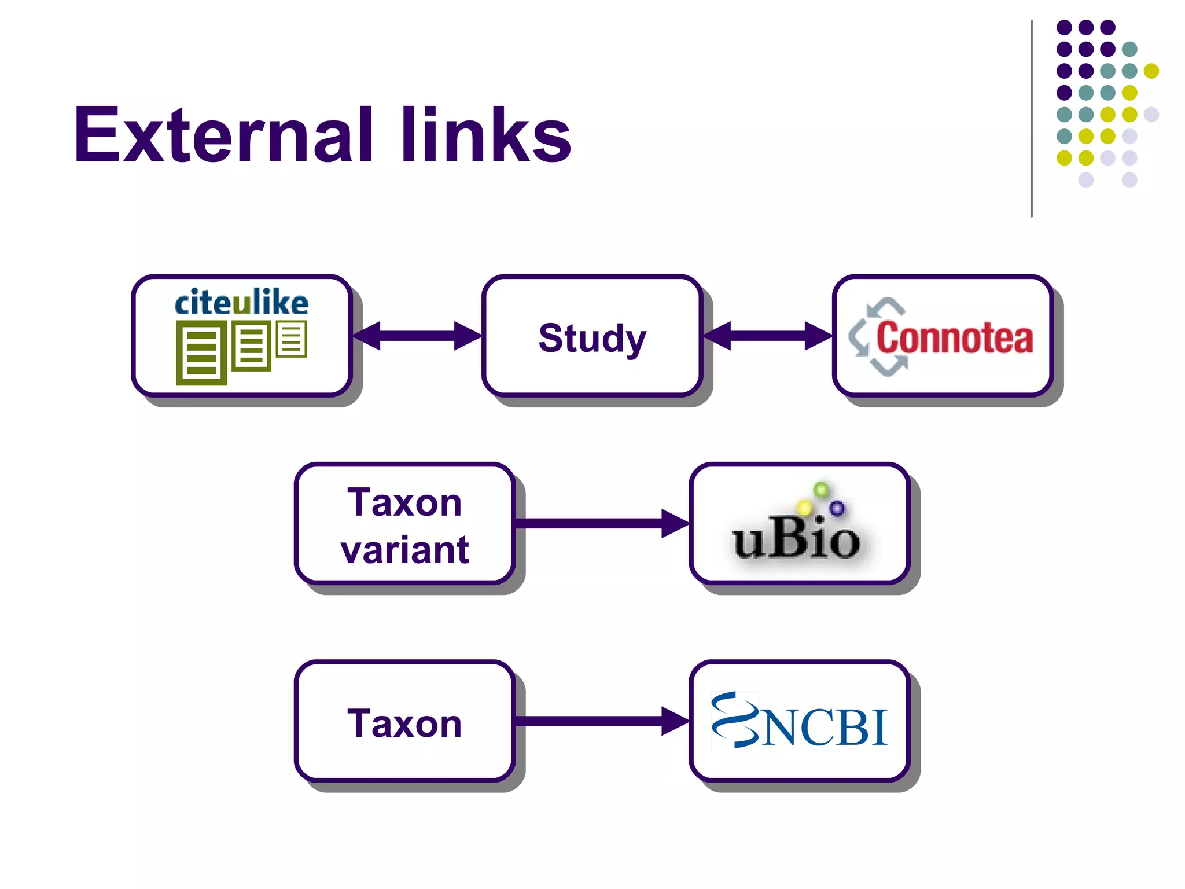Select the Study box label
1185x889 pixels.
coord(592,338)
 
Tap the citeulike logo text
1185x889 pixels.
coord(241,303)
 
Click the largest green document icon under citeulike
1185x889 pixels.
coord(201,354)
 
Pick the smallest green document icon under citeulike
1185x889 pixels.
coord(291,339)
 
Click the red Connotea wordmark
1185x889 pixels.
coord(954,338)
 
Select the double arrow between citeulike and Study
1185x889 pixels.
coord(417,336)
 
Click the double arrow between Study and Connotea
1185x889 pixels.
coord(768,336)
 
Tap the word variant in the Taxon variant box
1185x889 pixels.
coord(404,549)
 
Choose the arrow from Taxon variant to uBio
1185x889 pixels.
coord(602,523)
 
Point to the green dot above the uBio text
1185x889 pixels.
coord(820,490)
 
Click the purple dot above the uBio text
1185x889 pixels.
coord(837,508)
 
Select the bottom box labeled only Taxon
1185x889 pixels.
coord(404,723)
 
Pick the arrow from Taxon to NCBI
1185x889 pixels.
coord(602,721)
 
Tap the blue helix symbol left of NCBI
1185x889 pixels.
coord(734,720)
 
